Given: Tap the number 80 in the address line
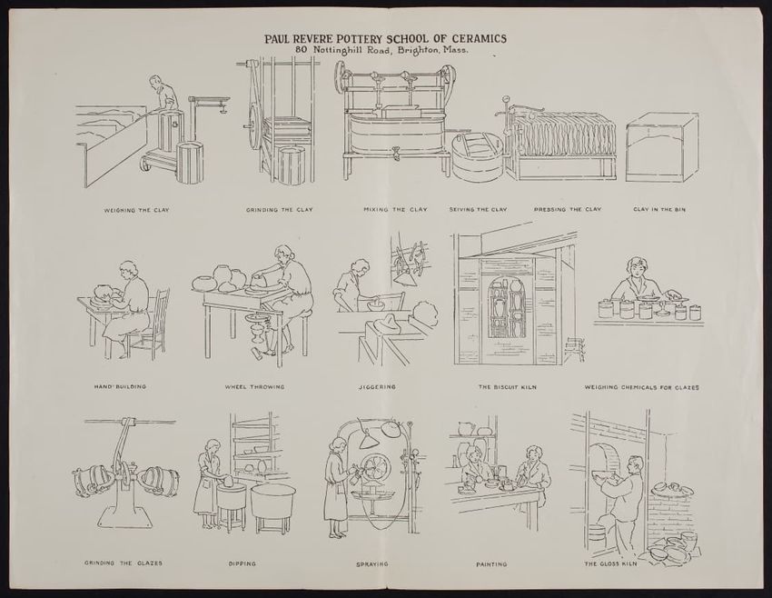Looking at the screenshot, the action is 302,49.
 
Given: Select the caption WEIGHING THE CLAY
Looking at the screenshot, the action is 137,210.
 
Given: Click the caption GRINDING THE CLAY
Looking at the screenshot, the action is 280,210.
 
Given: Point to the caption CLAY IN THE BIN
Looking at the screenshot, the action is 659,209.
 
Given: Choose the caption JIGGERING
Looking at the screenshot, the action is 377,387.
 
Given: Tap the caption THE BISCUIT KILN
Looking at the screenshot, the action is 508,387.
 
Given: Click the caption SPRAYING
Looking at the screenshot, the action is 372,564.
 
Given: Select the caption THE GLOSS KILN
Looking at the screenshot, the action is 610,563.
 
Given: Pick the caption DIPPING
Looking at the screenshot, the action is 242,564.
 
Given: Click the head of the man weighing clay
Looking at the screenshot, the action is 155,82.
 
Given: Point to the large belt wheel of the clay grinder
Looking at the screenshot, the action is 255,127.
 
